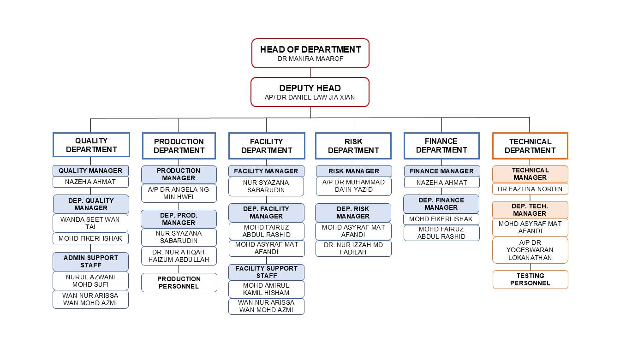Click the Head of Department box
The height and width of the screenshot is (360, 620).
(310, 53)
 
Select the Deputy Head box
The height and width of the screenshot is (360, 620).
(310, 92)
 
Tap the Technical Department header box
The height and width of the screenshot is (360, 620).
(530, 146)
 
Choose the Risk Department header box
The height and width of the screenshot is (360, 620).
(353, 146)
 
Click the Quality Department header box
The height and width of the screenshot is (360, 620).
(91, 145)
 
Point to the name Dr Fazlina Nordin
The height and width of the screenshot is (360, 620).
(530, 189)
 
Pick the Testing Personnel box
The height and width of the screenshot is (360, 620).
(530, 279)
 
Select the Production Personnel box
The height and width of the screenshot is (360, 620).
(179, 283)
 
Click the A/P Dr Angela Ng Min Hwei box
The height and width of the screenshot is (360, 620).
(179, 193)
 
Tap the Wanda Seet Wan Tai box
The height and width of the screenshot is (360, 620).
(90, 223)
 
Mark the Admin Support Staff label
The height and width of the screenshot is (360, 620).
(90, 261)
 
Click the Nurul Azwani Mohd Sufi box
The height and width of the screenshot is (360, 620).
(90, 281)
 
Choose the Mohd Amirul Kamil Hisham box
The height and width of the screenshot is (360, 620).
(266, 289)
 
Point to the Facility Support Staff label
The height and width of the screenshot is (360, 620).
(266, 272)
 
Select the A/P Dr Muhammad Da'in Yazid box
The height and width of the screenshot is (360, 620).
(353, 186)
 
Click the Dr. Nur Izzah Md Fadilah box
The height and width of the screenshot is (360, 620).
(353, 248)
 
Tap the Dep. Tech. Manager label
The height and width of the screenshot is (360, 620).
(530, 210)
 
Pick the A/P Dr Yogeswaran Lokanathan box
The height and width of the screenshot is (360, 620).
(530, 250)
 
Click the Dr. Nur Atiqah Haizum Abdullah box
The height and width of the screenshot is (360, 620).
(179, 256)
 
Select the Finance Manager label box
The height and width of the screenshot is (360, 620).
(441, 171)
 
